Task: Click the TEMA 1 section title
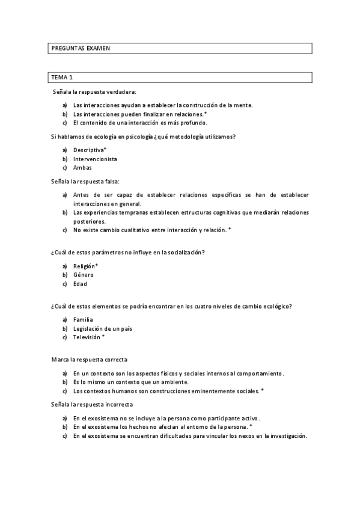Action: (62, 78)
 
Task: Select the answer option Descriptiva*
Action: (90, 150)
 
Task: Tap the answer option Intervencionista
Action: (95, 159)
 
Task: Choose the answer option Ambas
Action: (82, 168)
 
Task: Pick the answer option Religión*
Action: (85, 266)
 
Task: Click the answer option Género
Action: (84, 275)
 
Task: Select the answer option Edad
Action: (80, 284)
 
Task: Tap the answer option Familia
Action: (83, 320)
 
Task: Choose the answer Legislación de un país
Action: (102, 329)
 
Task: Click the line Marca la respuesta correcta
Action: (89, 359)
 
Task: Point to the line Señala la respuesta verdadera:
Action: (94, 91)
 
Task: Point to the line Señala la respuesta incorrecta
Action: (92, 405)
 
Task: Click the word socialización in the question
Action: (183, 253)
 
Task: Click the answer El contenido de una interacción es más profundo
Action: (140, 122)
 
